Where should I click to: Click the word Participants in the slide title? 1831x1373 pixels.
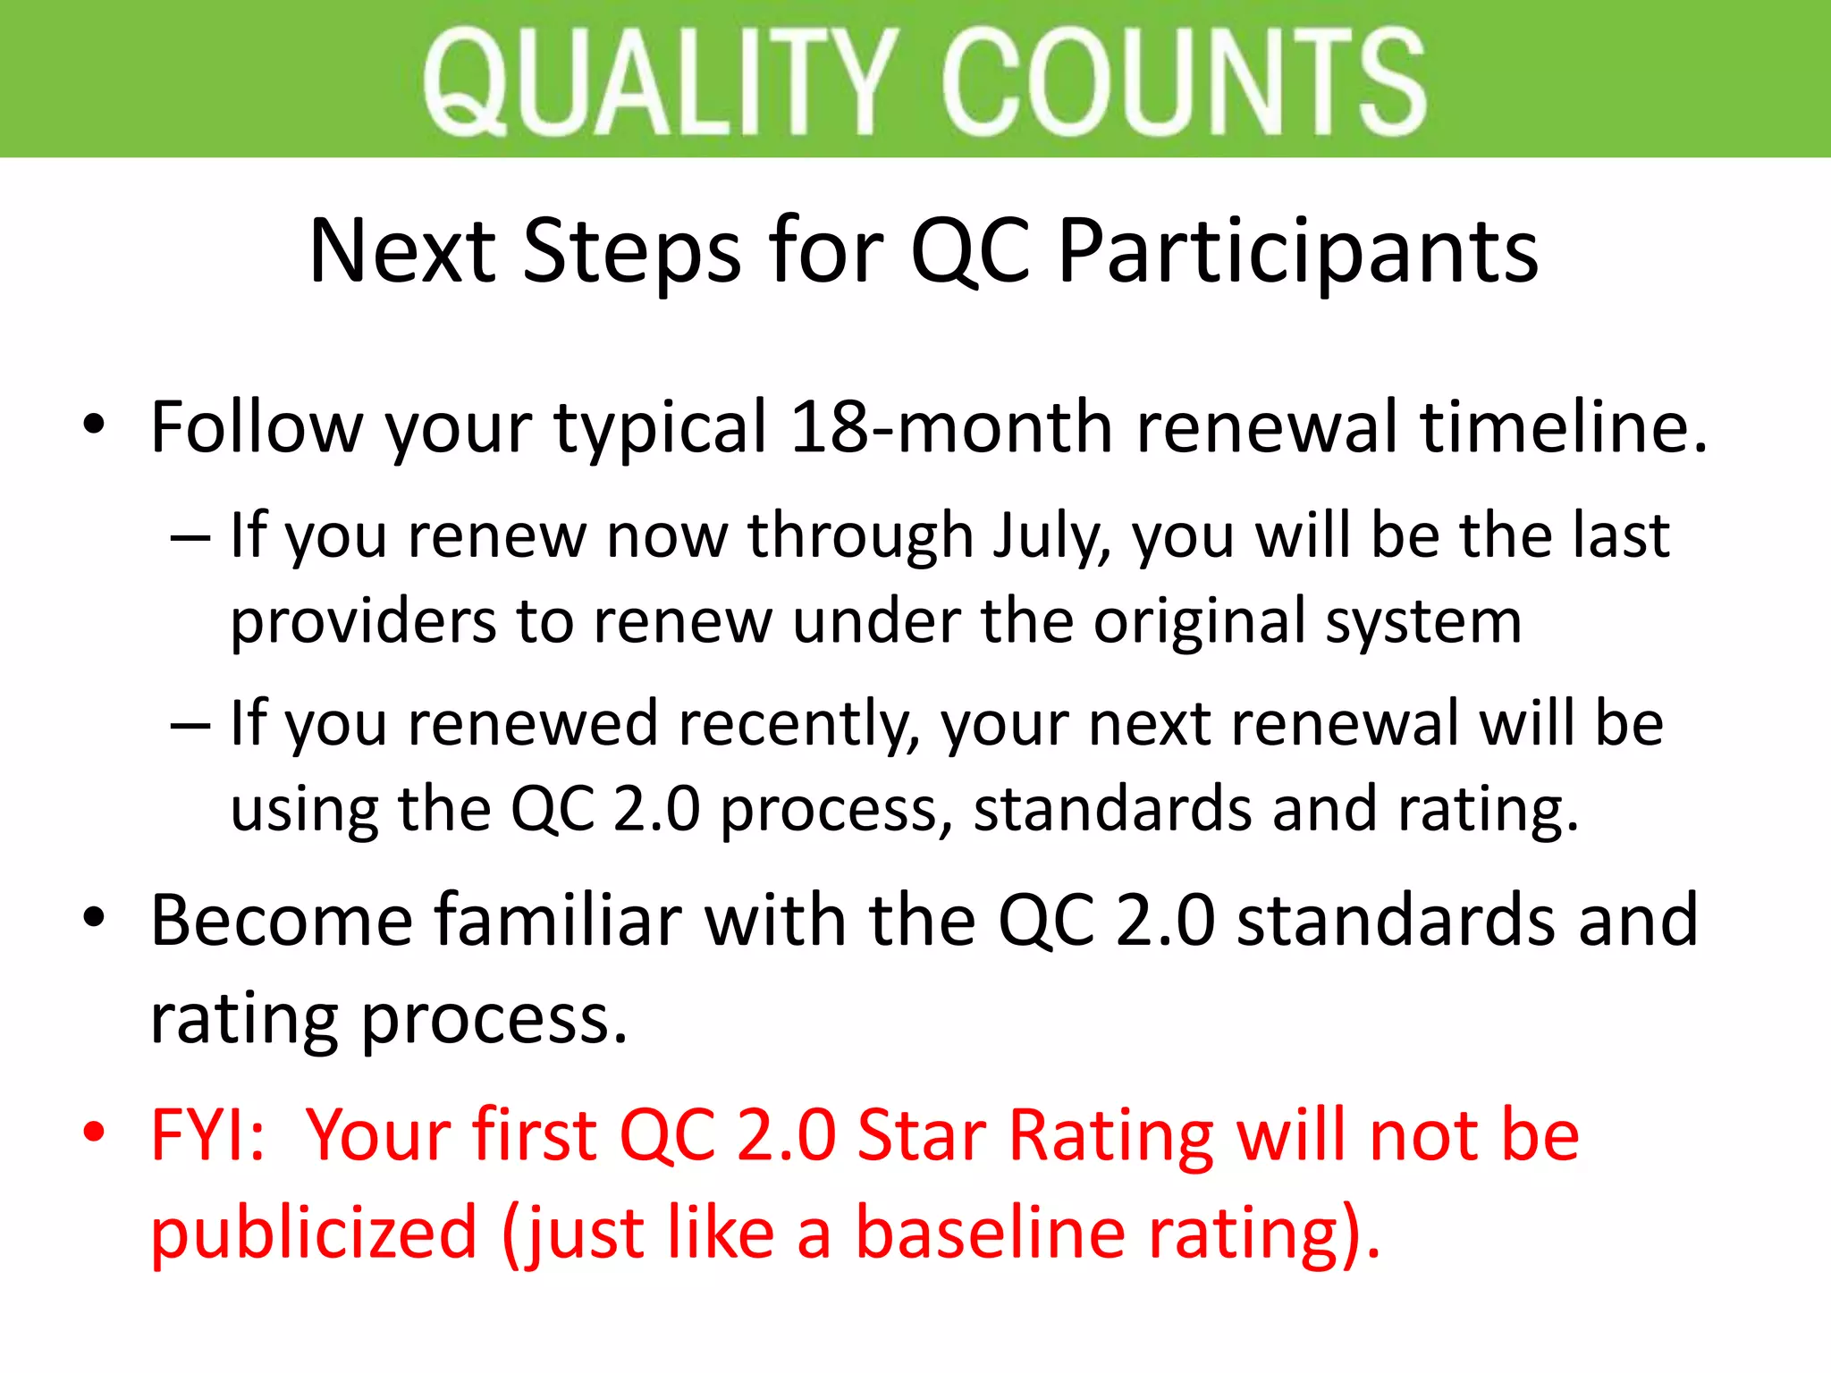[x=1297, y=252]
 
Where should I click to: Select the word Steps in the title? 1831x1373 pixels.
[x=631, y=252]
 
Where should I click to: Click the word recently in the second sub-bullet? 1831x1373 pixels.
[x=799, y=723]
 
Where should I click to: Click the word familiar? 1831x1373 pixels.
[x=559, y=921]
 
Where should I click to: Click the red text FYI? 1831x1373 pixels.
[x=207, y=1135]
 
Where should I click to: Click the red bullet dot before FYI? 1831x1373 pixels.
[x=94, y=1133]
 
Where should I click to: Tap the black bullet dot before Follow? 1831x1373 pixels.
[x=94, y=424]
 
